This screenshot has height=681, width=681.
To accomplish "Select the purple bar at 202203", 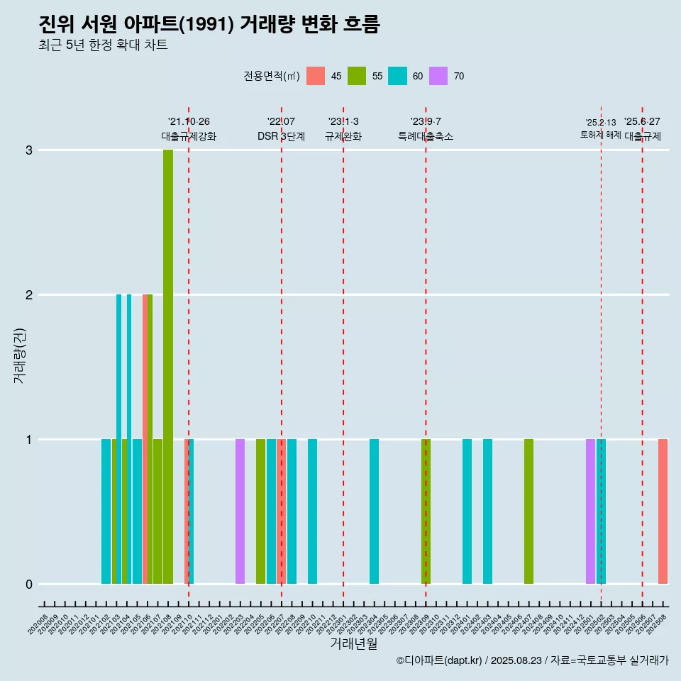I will [x=240, y=511].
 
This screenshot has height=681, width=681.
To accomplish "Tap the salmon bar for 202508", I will [x=663, y=511].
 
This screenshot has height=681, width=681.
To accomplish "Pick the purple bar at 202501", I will [x=590, y=511].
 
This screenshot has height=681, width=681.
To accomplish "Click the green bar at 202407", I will [x=528, y=511].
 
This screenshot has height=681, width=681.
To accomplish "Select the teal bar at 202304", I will [x=374, y=511].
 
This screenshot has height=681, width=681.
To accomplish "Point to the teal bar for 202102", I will [x=106, y=511].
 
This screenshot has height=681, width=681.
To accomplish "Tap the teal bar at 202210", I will [x=312, y=511].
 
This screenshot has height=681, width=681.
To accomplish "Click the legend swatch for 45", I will [x=316, y=76].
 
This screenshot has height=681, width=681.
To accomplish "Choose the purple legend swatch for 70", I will [x=438, y=76].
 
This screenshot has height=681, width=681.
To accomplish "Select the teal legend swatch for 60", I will [x=397, y=76].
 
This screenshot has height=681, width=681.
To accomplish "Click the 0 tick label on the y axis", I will [x=29, y=584].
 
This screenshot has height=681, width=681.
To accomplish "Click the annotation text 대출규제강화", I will [x=189, y=136].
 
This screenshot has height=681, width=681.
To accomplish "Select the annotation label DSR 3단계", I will [x=281, y=136].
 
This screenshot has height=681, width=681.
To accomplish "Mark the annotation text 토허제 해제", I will [x=600, y=135].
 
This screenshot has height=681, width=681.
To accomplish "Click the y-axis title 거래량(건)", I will [x=20, y=355].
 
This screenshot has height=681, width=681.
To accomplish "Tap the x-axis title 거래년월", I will [x=353, y=643].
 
